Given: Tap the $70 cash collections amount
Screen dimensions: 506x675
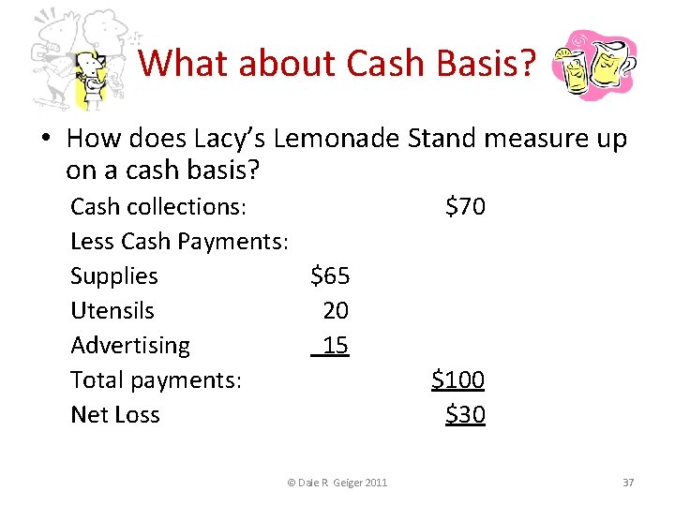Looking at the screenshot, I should (x=465, y=206).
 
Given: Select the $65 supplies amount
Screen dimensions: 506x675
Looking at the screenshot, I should (x=330, y=275).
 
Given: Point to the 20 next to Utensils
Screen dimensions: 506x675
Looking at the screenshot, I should (x=336, y=310).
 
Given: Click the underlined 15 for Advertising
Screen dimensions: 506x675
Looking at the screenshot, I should (x=334, y=345).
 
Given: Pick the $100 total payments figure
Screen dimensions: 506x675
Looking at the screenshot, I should (x=457, y=379).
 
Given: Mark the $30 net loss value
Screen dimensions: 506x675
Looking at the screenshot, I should (x=465, y=414).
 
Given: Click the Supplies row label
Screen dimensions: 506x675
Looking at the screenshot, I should (x=114, y=275).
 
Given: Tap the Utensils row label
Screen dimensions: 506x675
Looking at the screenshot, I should (x=112, y=310).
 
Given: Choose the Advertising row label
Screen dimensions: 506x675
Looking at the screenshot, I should (x=130, y=345).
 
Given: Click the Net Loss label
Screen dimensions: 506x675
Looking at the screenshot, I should (x=115, y=414).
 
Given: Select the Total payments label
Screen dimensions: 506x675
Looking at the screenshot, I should (x=157, y=379).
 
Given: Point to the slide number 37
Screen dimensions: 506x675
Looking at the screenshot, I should (x=628, y=482).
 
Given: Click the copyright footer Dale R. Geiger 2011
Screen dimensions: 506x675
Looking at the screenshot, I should (x=337, y=482).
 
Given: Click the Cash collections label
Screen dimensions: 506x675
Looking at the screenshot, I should (x=158, y=206).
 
